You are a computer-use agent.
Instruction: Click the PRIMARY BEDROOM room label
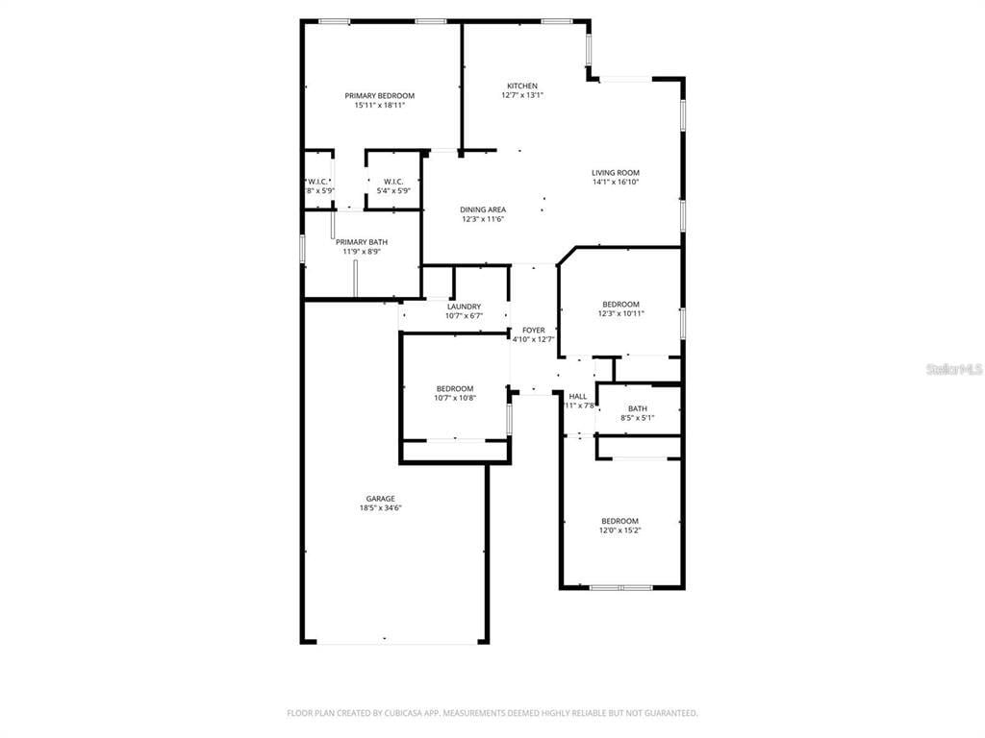point(379,95)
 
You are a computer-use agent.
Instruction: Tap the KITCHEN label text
point(522,86)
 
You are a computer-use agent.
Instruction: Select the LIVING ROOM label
point(615,173)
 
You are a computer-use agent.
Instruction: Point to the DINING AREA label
point(483,209)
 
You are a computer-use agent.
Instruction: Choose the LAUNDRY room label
point(464,307)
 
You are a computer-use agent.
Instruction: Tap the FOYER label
point(533,330)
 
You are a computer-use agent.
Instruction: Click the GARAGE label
point(380,499)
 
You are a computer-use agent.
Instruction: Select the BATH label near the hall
point(638,408)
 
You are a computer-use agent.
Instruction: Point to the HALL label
point(578,396)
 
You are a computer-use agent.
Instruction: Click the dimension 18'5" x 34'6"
point(380,508)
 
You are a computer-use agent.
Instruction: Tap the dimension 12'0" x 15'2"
point(620,530)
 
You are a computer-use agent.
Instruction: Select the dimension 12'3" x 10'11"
point(620,313)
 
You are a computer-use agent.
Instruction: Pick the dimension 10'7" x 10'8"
point(455,398)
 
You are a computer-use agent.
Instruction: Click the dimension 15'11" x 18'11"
point(379,105)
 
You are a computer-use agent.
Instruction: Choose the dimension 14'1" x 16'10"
point(615,182)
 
